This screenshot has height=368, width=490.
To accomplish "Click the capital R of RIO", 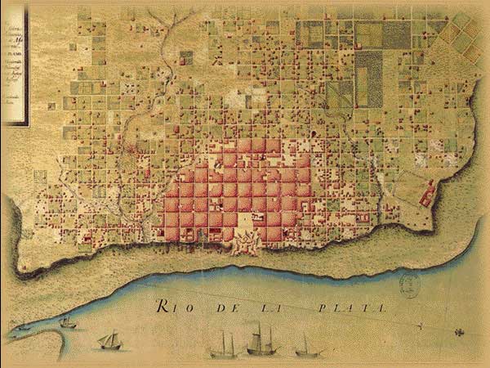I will pyautogui.click(x=162, y=307).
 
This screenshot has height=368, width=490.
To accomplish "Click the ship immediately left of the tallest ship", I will pyautogui.click(x=222, y=344).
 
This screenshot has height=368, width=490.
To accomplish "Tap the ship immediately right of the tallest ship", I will pyautogui.click(x=305, y=346).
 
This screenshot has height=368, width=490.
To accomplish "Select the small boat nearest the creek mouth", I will pyautogui.click(x=68, y=323).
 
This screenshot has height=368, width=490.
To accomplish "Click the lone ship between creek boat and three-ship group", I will pyautogui.click(x=109, y=339).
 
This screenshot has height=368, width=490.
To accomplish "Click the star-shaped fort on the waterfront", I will pyautogui.click(x=243, y=242).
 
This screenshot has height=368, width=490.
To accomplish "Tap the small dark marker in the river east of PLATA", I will pyautogui.click(x=459, y=331).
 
